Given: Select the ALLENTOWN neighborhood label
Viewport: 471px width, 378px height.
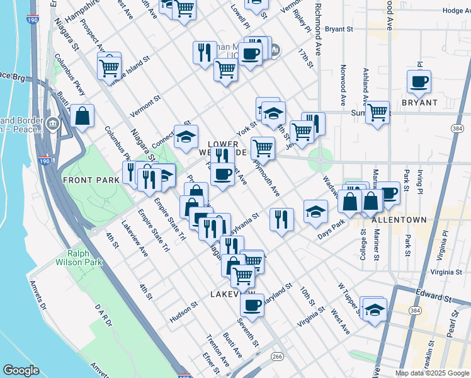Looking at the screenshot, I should [399, 220].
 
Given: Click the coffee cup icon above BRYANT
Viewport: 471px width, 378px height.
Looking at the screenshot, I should [419, 81].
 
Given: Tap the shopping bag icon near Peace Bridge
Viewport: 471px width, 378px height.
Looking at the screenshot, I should [82, 116].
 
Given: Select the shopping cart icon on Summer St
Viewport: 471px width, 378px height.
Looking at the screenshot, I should [377, 113].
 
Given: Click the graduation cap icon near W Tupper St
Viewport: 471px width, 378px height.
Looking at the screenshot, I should [374, 310].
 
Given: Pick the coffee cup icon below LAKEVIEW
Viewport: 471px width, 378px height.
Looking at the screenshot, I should [253, 306].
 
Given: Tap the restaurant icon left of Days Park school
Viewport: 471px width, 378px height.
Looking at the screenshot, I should [281, 219].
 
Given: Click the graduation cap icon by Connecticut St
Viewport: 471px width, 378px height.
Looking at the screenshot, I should [186, 137].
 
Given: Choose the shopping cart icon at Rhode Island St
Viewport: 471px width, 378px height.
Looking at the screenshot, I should [110, 66].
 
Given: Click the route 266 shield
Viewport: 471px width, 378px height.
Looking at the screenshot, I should [277, 357].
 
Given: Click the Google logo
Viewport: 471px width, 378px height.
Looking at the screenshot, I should [21, 370].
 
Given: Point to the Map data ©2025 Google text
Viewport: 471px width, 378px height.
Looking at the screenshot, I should [431, 373].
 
